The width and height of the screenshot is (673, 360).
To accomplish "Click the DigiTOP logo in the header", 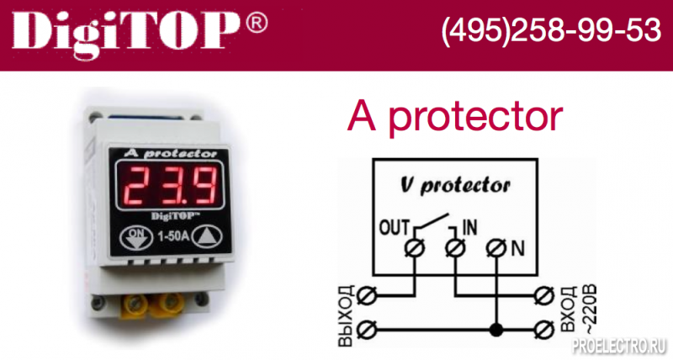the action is coord(126,34).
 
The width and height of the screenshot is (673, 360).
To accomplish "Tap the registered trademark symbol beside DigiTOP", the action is coord(257,24).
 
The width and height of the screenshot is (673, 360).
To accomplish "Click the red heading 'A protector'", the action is coord(455,116).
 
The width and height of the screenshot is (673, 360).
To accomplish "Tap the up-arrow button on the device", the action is coord(207,238).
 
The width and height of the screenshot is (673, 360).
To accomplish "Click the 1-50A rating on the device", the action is coord(173,236).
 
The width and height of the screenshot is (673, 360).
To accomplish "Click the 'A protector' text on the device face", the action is coord(171,154).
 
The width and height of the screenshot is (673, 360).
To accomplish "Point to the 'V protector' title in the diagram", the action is coord(455,186).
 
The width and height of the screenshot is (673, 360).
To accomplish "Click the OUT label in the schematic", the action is coord(395,228).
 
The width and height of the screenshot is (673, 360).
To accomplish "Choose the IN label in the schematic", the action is coord(469,227).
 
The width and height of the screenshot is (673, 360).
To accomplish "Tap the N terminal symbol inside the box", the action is coord(496,248).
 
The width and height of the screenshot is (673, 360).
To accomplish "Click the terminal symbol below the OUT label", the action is coord(415,247).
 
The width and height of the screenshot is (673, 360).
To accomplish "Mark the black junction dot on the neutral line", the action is coord(496,331).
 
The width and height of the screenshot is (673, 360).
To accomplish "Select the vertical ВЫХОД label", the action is coord(347,315).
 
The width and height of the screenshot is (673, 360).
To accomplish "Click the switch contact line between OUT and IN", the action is coord(432,222).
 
